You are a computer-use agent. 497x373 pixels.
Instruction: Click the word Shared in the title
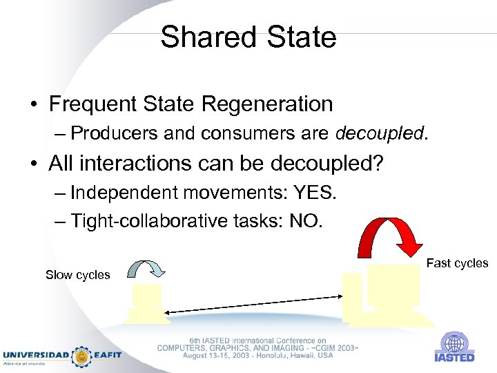[x=205, y=37]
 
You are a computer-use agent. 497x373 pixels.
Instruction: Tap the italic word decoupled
[x=380, y=133]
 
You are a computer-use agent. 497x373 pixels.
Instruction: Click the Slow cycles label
[x=77, y=275]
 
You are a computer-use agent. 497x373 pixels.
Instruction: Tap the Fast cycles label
[x=457, y=263]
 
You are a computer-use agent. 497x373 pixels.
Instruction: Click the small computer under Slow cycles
[x=147, y=303]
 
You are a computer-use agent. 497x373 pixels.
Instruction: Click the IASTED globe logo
[x=454, y=343]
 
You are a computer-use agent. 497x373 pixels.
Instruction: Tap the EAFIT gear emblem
[x=82, y=356]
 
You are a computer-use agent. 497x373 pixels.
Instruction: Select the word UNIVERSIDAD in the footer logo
[x=35, y=355]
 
